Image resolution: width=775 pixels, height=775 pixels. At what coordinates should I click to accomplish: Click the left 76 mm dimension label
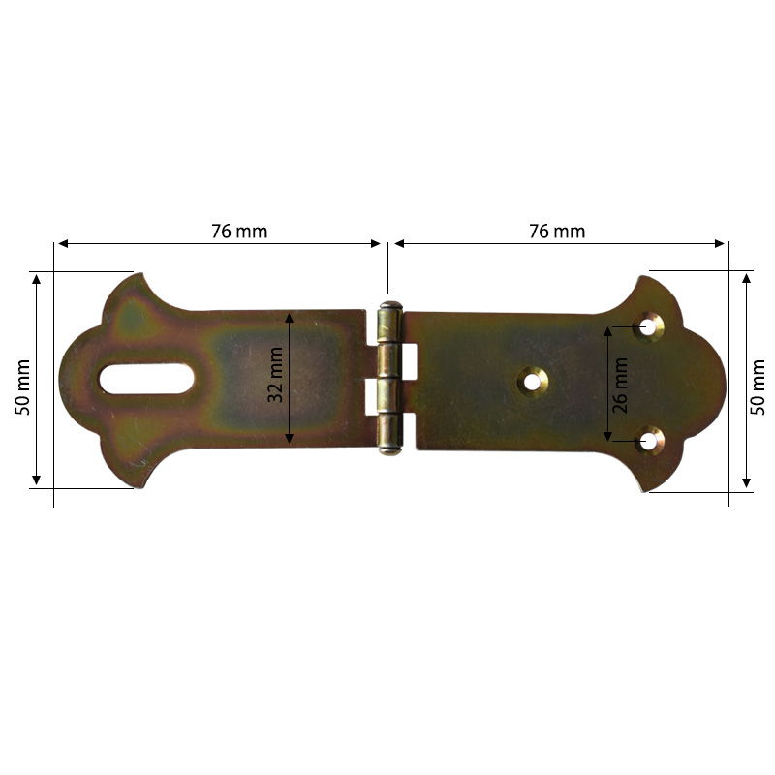pos(239,232)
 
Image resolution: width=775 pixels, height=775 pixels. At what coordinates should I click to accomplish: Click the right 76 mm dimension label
pos(557,232)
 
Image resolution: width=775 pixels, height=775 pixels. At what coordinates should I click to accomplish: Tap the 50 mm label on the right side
pos(759,387)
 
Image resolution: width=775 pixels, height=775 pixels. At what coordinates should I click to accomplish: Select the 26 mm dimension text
pos(621,384)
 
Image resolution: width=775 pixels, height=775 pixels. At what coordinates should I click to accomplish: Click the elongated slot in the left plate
pos(146,379)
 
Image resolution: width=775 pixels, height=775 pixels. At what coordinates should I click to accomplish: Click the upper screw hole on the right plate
pos(648,326)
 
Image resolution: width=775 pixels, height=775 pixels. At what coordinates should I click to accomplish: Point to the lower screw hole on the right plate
pos(648,442)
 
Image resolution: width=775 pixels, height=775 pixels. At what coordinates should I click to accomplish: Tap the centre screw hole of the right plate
pos(532,382)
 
